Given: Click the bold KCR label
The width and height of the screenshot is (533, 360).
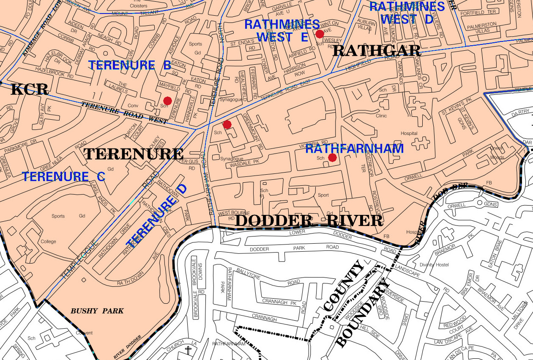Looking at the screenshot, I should pyautogui.click(x=29, y=89).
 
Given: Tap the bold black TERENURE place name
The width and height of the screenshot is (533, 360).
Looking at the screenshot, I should pyautogui.click(x=134, y=154).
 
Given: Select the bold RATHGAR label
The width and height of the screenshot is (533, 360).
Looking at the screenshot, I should pyautogui.click(x=377, y=51).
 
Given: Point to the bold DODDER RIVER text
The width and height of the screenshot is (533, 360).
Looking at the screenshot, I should pyautogui.click(x=309, y=220).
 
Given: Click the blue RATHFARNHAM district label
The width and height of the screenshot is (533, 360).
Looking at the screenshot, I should pyautogui.click(x=354, y=148).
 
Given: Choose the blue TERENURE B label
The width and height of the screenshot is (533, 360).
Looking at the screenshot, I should pyautogui.click(x=129, y=65).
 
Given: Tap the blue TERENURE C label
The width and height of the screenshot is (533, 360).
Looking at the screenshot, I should pyautogui.click(x=63, y=176).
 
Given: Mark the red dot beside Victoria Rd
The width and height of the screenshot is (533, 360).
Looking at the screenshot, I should pyautogui.click(x=332, y=158).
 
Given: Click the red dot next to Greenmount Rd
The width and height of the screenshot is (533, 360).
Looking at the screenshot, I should pyautogui.click(x=227, y=124).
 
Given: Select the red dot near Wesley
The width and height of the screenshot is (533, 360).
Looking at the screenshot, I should pyautogui.click(x=320, y=33).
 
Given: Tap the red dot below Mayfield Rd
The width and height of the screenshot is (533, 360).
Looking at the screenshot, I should pyautogui.click(x=167, y=101).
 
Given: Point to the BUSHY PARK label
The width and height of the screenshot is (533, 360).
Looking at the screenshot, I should pyautogui.click(x=97, y=311).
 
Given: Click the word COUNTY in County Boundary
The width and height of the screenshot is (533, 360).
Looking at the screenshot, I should pyautogui.click(x=343, y=287).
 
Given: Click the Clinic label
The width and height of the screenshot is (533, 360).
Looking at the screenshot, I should pyautogui.click(x=381, y=115).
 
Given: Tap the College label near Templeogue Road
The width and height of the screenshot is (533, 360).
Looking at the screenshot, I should pyautogui.click(x=48, y=242).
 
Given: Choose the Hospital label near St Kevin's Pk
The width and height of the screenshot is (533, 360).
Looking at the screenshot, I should pyautogui.click(x=409, y=133).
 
